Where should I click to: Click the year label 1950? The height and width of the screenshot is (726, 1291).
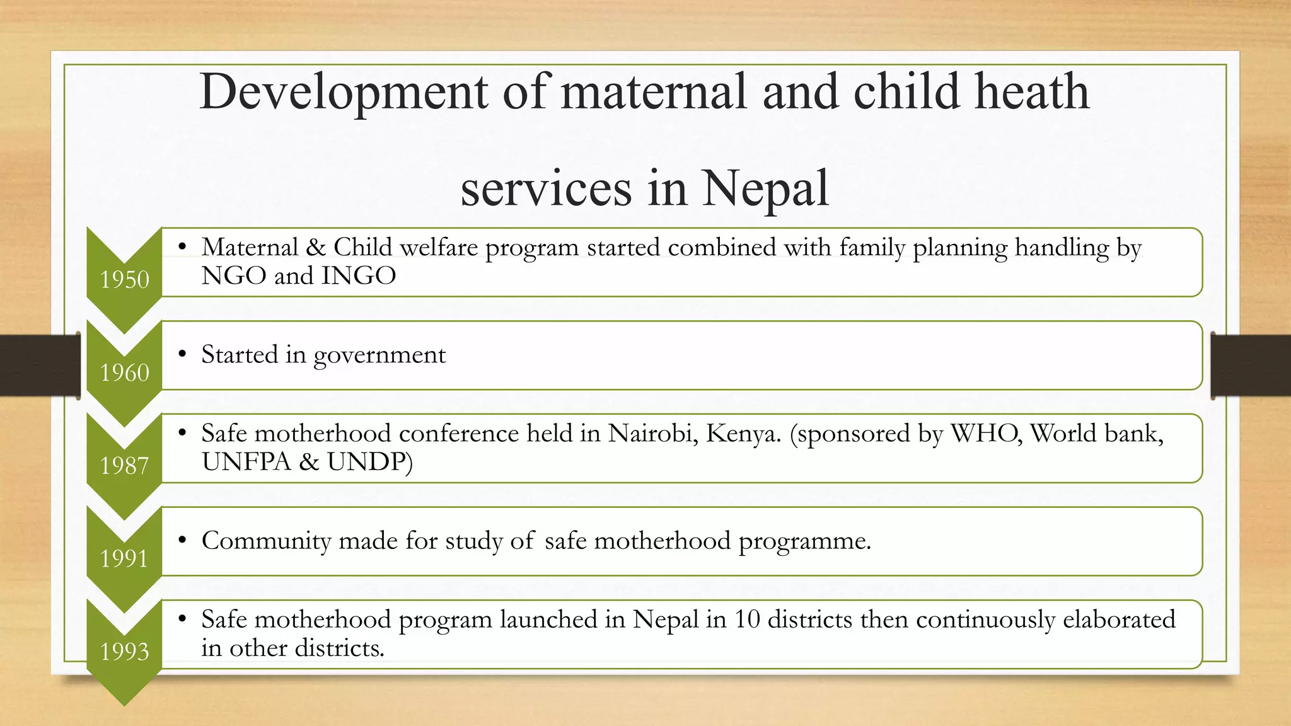[125, 279]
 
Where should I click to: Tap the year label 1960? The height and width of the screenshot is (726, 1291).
[125, 372]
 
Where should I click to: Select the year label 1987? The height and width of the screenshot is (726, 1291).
[125, 466]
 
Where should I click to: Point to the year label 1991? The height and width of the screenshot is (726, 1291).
[124, 558]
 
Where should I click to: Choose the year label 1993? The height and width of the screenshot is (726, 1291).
[125, 652]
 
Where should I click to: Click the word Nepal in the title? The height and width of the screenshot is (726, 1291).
[765, 188]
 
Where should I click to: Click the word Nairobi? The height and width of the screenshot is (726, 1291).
[652, 434]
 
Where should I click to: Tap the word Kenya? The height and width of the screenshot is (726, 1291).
[743, 434]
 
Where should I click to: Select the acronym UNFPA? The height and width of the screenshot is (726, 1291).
[246, 462]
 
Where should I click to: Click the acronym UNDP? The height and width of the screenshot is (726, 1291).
[369, 462]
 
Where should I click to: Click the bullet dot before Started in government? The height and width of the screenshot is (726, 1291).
[182, 355]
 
